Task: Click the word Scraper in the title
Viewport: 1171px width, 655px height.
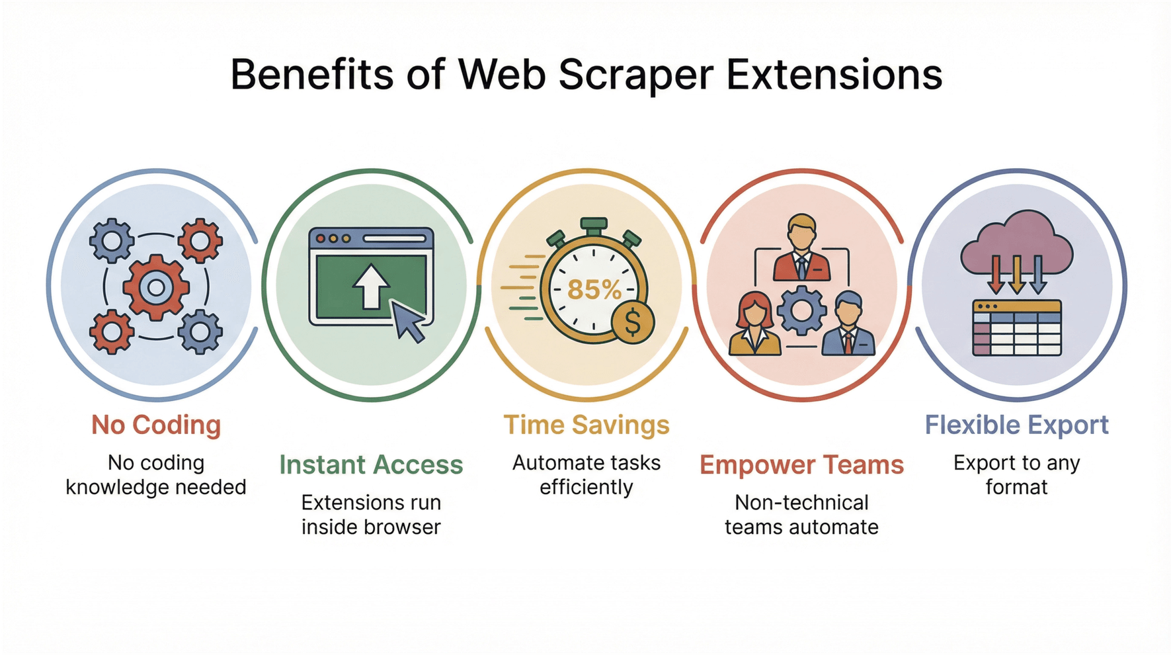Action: click(x=635, y=74)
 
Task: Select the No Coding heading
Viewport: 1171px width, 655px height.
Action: click(x=156, y=425)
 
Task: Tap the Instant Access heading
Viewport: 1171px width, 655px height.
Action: click(x=371, y=464)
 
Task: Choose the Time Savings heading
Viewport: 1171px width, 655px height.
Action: click(x=586, y=425)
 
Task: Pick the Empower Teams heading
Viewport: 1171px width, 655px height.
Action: click(x=801, y=464)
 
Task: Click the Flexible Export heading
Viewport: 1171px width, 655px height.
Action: click(x=1016, y=425)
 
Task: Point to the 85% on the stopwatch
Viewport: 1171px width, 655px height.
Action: click(x=594, y=289)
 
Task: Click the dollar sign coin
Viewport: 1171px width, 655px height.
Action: click(x=633, y=322)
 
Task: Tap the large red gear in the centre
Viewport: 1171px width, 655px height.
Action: click(x=156, y=287)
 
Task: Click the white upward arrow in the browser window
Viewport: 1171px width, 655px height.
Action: click(x=370, y=286)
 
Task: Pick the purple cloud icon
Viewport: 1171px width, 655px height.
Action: click(x=1016, y=243)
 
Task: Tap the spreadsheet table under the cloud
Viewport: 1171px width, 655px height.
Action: click(x=1016, y=328)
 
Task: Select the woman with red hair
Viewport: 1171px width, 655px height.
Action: click(x=754, y=326)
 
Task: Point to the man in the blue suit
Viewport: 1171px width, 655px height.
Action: click(x=848, y=326)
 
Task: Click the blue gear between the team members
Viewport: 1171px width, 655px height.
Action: click(x=801, y=310)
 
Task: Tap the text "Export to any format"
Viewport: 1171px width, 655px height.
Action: click(x=1016, y=475)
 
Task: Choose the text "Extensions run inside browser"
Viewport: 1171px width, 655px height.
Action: click(x=371, y=515)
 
